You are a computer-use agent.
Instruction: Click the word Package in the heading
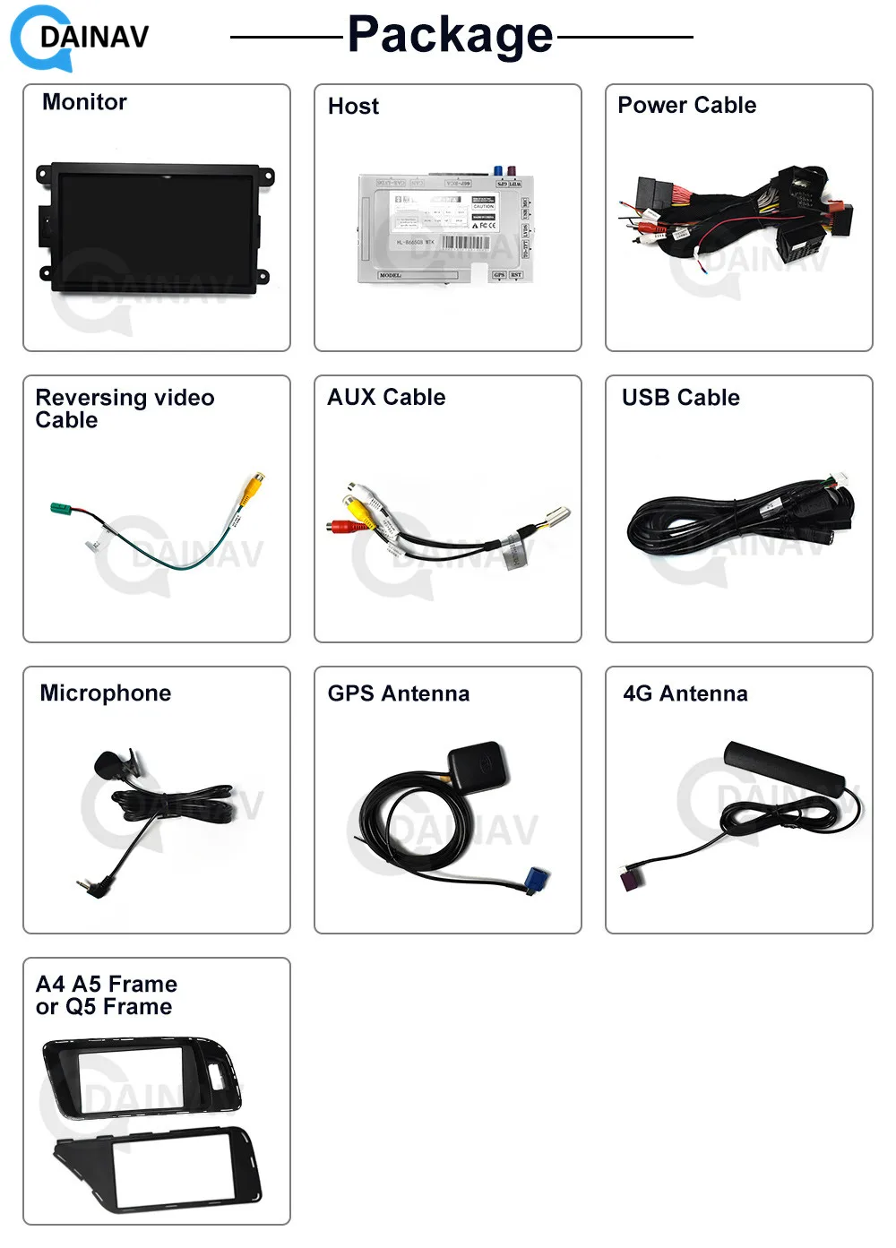pos(450,36)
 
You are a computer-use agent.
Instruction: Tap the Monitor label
pos(84,102)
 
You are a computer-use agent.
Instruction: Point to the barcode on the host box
pos(465,243)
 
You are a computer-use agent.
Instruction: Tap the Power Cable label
pos(686,106)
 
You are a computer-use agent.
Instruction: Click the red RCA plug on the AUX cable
pos(340,527)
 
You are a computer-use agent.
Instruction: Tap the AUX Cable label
pos(386,397)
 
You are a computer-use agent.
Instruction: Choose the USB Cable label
pos(680,398)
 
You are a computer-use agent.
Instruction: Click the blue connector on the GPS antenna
pos(538,881)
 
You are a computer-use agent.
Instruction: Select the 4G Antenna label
pos(685,693)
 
